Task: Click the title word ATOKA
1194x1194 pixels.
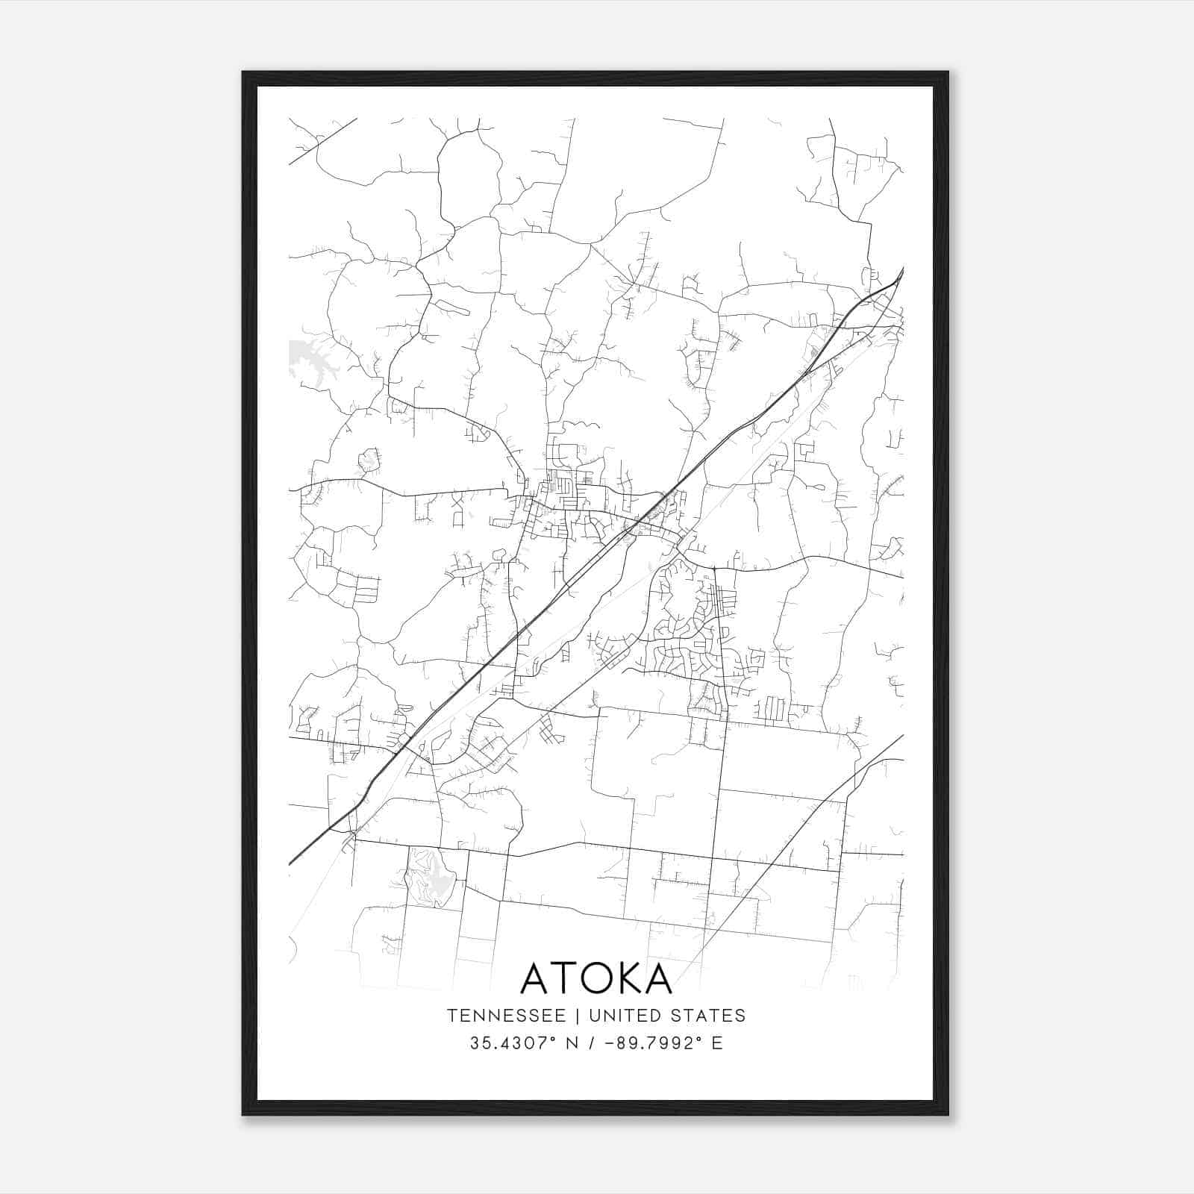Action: coord(596,978)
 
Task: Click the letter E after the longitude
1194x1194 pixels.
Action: coord(717,1043)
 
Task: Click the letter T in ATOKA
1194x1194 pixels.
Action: coord(560,978)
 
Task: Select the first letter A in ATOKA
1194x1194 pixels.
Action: coord(535,978)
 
